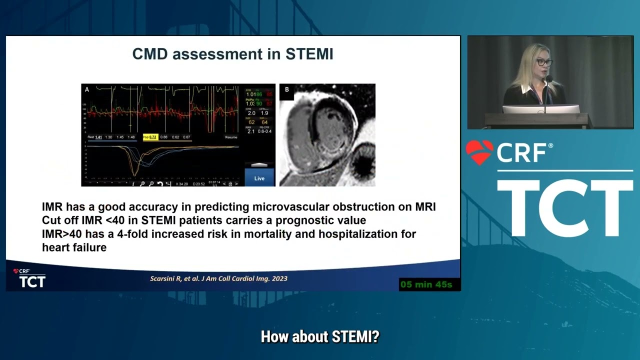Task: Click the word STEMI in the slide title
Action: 308,54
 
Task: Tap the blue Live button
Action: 259,178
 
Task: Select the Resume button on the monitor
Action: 231,137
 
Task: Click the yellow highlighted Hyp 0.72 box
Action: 150,137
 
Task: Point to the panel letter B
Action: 287,90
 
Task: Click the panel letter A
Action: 87,90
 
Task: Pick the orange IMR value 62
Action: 251,122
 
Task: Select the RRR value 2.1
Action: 251,131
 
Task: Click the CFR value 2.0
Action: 251,113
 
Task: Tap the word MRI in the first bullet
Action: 425,207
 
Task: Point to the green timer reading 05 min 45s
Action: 426,284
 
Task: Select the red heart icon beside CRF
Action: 479,152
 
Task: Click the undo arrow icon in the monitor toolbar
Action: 159,184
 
